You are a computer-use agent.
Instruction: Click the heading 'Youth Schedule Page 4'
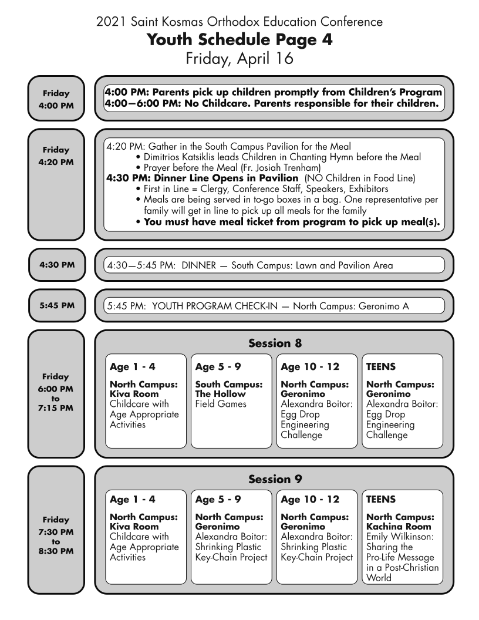[239, 41]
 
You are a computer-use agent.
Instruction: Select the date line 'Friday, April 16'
[239, 59]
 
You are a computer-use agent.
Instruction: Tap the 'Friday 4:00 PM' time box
[56, 98]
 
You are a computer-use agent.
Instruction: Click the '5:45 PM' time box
[56, 305]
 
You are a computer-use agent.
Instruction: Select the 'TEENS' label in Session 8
[381, 367]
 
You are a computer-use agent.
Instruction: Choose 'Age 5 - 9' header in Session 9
[218, 500]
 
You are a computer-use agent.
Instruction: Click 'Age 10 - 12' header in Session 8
[310, 367]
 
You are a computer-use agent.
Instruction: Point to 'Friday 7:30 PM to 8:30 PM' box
[56, 535]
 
